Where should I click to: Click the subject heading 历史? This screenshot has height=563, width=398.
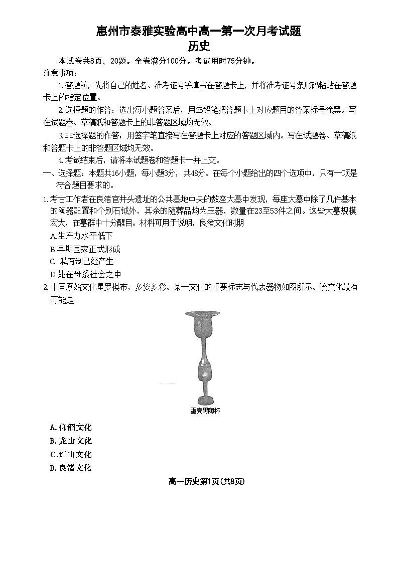(x=199, y=47)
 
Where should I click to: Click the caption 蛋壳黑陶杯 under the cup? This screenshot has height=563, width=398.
(x=205, y=411)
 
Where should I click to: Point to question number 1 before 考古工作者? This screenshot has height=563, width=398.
(x=45, y=199)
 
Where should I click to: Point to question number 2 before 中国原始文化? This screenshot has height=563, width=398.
(x=45, y=287)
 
